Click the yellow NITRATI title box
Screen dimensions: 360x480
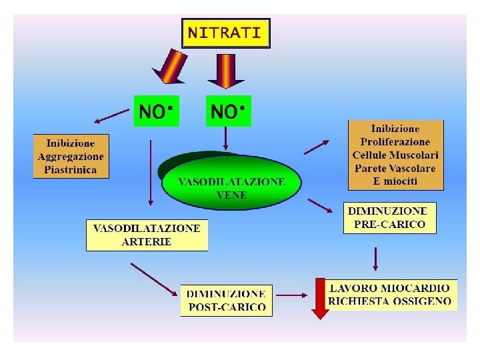coord(225,33)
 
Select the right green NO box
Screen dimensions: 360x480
coord(229,111)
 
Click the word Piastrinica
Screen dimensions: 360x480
coord(71,169)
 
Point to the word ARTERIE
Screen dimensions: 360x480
coord(147,241)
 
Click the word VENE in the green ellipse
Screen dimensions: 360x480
coord(231,195)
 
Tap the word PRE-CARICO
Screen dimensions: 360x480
coord(389,225)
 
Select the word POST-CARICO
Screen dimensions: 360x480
coord(227,307)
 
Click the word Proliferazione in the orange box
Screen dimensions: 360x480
coord(395,141)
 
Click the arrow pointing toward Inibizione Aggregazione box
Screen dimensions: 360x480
coord(111,117)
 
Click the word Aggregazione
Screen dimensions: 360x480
coord(71,156)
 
